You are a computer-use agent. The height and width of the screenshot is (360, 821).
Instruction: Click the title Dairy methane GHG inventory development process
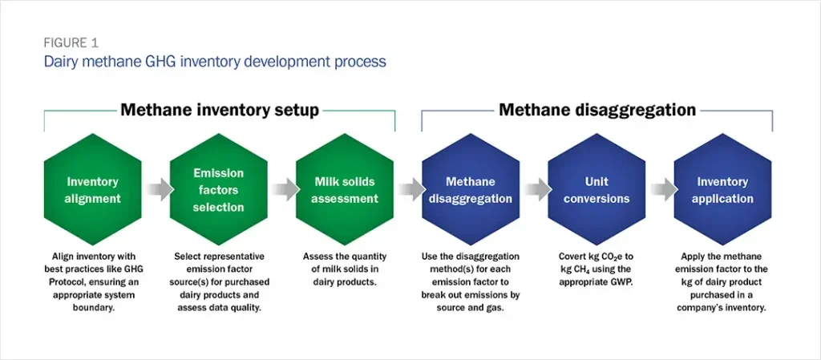(215, 61)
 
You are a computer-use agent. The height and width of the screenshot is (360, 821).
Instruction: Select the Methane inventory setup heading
(220, 110)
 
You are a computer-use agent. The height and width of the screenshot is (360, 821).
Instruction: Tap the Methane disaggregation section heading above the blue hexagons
(597, 110)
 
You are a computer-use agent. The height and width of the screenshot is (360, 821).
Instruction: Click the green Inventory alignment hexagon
(92, 190)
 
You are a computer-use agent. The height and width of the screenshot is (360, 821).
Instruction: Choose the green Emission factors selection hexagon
(218, 190)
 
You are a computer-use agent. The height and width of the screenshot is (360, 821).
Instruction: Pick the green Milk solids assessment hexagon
(345, 190)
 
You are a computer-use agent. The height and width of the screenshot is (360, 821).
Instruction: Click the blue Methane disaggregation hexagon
(471, 190)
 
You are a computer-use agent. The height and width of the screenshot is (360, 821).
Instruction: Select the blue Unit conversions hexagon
(597, 190)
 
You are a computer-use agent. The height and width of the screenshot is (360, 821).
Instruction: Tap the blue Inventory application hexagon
(722, 190)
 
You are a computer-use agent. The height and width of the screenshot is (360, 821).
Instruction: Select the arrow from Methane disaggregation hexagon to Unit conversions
(534, 190)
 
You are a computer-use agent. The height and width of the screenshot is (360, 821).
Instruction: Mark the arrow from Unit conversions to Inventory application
(660, 190)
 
